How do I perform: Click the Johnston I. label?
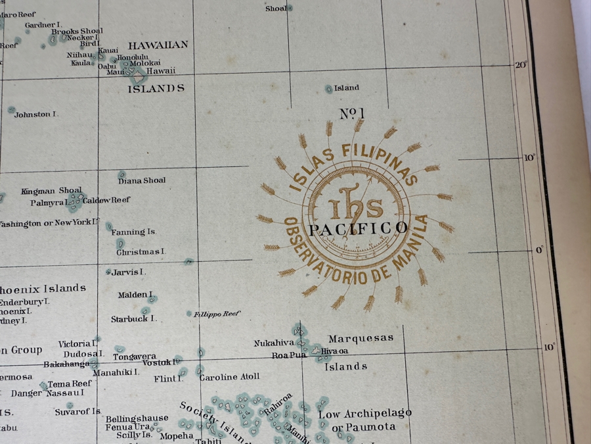point(36,114)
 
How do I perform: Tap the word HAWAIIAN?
point(158,45)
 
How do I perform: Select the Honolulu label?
point(133,57)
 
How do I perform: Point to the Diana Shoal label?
point(142,180)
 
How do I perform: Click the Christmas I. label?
point(141,252)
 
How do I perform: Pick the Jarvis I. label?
point(129,272)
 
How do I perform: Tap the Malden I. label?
point(135,295)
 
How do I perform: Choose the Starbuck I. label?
point(133,319)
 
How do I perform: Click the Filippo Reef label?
point(217,314)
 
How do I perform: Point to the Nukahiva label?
point(274,343)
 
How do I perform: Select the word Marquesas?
point(361,338)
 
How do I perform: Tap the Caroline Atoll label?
point(229,377)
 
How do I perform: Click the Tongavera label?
point(135,357)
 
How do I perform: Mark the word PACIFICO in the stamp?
point(358,229)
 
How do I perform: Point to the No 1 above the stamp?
point(352,114)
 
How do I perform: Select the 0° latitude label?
point(540,250)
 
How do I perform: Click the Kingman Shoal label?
point(51,191)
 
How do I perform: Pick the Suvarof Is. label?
point(77,412)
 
